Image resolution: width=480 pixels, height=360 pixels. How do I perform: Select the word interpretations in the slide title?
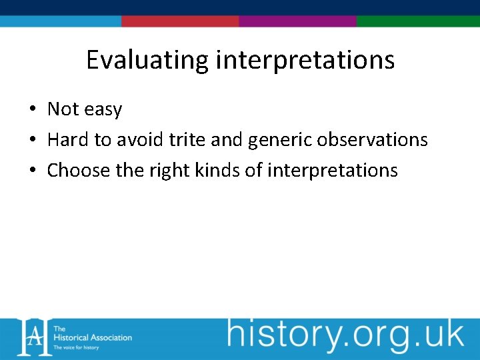click(x=305, y=61)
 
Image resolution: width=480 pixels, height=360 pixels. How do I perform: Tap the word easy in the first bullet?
click(x=103, y=109)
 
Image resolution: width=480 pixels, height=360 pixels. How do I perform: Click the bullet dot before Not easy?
click(x=32, y=109)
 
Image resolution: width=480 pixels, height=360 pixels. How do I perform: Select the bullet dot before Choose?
click(x=32, y=171)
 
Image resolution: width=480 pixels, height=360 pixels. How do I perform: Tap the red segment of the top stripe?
click(x=180, y=21)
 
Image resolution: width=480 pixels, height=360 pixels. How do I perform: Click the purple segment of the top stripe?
click(x=297, y=21)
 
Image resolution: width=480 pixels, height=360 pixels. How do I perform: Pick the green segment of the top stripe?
click(x=418, y=21)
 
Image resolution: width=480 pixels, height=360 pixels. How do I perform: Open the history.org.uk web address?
click(x=345, y=335)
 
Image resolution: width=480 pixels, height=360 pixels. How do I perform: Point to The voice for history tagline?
click(x=77, y=347)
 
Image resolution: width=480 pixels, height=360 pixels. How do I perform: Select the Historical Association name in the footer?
click(x=92, y=337)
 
